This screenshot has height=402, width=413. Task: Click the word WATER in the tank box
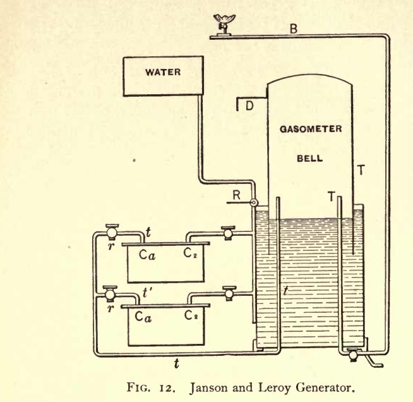click(163, 72)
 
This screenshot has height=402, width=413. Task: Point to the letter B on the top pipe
click(293, 28)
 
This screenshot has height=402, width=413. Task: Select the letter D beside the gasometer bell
click(249, 106)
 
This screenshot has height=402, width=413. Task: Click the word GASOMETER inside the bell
click(310, 130)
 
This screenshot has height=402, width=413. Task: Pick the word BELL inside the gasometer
click(310, 159)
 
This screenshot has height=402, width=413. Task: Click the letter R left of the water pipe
click(237, 195)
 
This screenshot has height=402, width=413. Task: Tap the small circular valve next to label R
click(254, 203)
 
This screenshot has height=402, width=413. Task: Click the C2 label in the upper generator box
click(191, 253)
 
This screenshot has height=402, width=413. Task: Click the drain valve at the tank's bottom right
click(351, 355)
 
